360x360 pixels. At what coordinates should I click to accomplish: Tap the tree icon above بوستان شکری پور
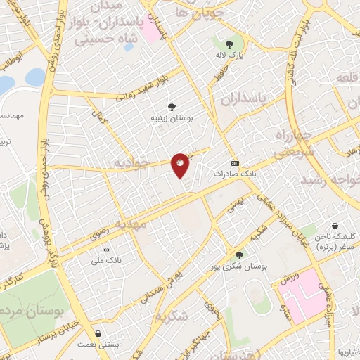[x=239, y=256]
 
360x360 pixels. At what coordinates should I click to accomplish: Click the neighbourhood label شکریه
[x=174, y=316]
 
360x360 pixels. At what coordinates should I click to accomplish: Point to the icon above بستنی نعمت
[x=98, y=333]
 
